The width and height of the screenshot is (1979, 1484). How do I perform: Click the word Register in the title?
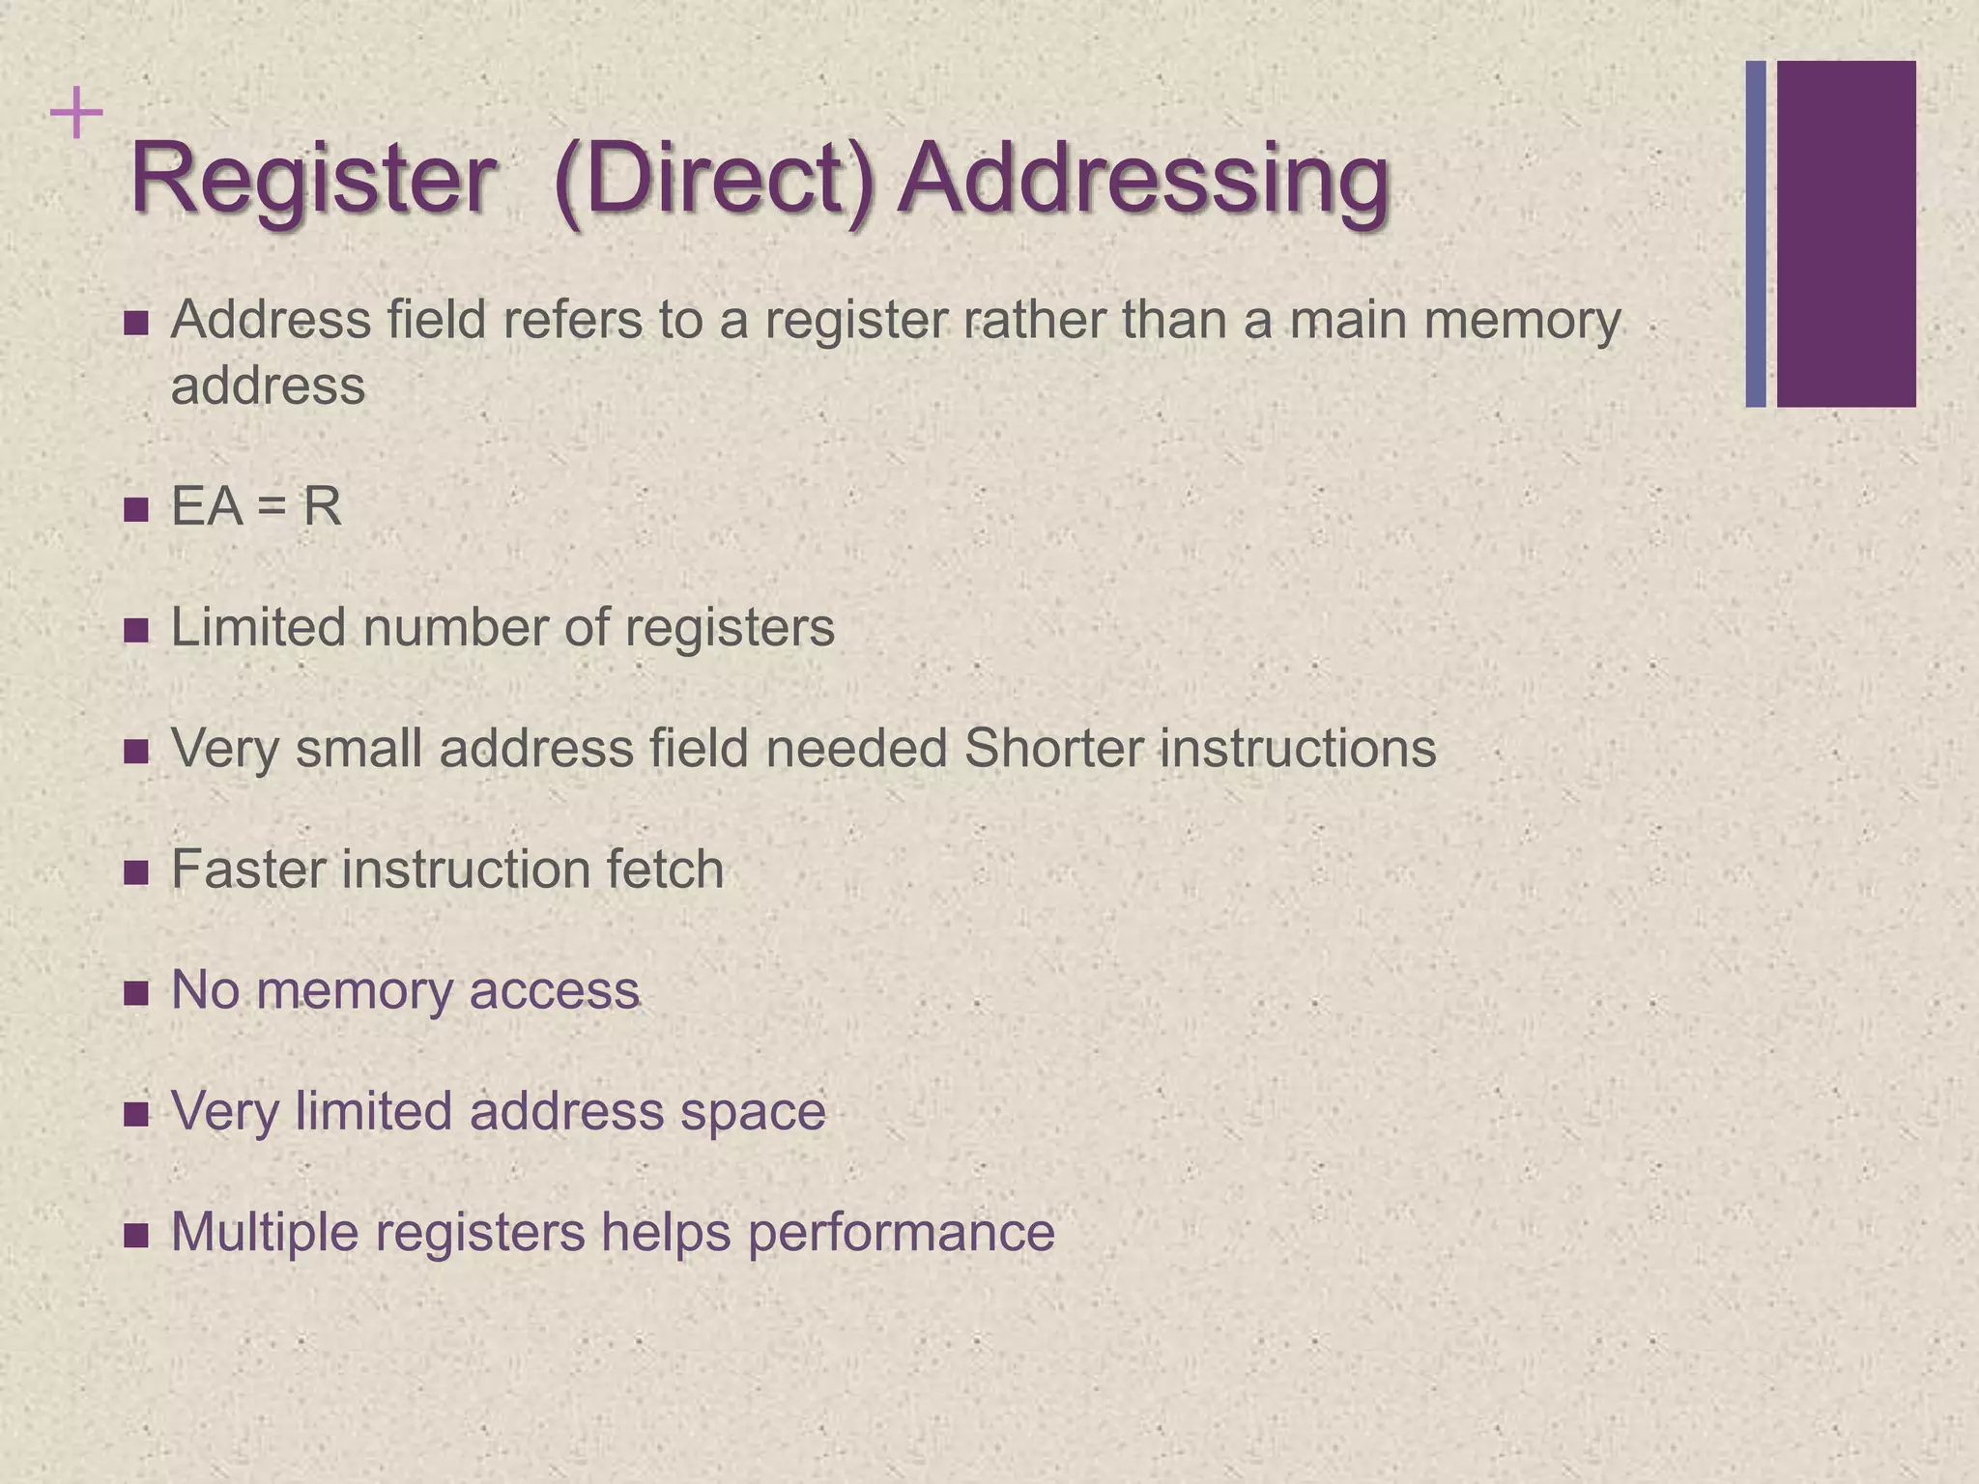point(312,180)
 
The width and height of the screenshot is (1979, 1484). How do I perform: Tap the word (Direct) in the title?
point(715,182)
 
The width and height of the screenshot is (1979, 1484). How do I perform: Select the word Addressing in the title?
point(1143,182)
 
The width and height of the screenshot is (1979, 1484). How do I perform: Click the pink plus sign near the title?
point(76,115)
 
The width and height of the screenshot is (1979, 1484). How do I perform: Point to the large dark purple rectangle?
point(1846,234)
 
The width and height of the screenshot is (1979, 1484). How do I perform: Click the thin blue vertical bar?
point(1756,234)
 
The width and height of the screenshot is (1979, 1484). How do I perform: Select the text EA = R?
point(256,506)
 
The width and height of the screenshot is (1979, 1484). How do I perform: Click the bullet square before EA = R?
point(136,509)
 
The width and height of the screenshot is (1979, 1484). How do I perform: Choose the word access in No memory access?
point(554,991)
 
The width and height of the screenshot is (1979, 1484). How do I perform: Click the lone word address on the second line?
point(268,386)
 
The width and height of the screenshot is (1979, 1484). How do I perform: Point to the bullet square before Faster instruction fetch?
point(136,872)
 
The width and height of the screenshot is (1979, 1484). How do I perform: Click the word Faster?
point(247,869)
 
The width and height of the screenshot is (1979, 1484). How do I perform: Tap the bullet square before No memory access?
point(136,993)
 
